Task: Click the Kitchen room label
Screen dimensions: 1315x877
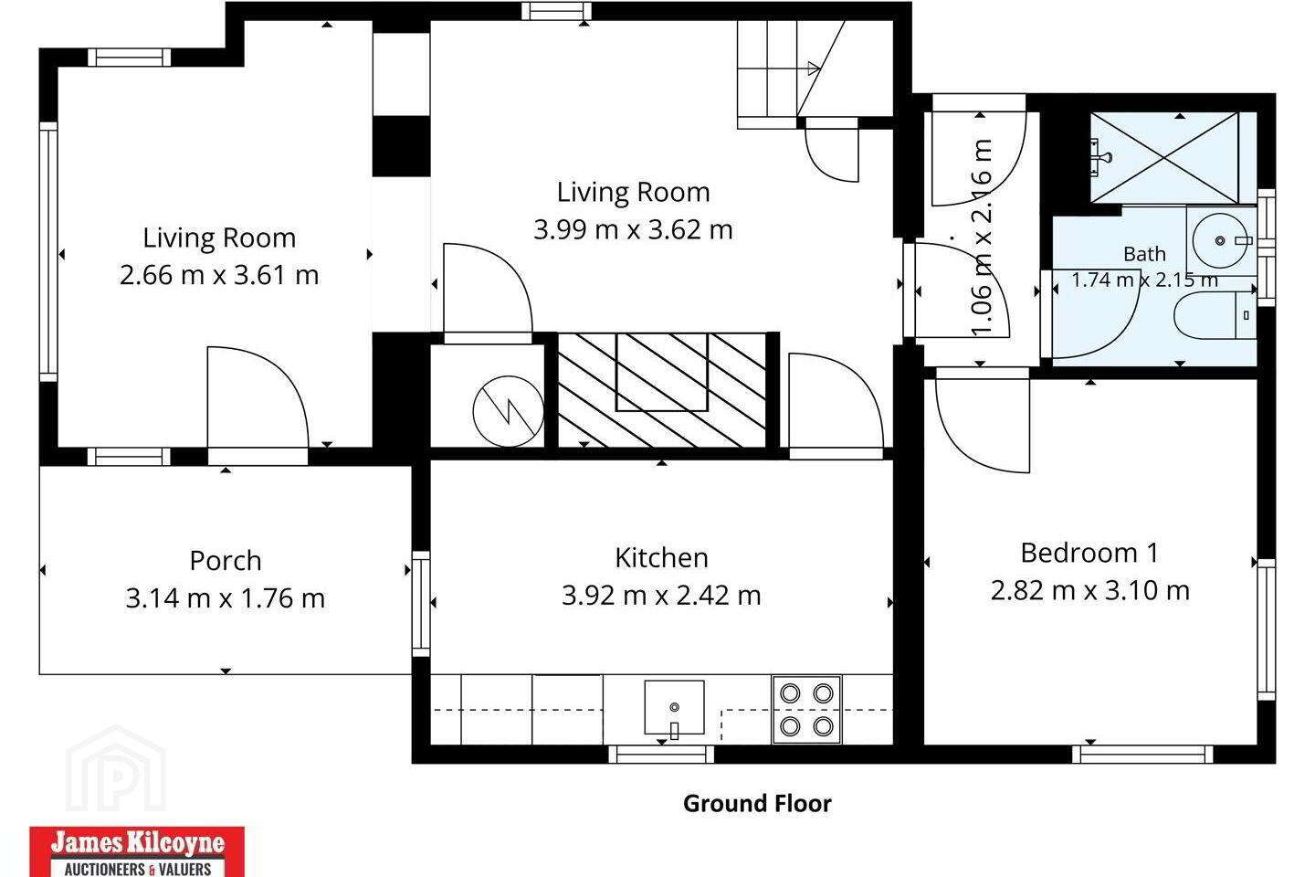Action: [661, 558]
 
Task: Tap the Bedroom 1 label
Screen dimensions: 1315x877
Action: [1089, 554]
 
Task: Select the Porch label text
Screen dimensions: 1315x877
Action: [226, 561]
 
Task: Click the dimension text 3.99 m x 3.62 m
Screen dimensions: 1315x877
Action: [633, 229]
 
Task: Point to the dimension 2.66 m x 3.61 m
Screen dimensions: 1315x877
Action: [219, 275]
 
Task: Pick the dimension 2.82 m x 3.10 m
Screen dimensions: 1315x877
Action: [1090, 590]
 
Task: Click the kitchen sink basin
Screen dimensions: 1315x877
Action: [674, 707]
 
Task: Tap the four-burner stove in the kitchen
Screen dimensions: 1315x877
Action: [806, 710]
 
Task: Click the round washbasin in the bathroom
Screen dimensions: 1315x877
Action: [1220, 241]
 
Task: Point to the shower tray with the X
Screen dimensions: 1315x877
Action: [1164, 157]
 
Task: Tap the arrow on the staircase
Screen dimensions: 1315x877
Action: [814, 69]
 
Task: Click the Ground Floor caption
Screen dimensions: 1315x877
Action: [757, 804]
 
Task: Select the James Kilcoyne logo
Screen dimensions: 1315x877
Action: [137, 851]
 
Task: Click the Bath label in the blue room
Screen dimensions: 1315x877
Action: [1144, 254]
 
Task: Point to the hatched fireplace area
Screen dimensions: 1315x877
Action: [661, 390]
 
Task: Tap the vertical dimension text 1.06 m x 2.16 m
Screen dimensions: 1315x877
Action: [982, 238]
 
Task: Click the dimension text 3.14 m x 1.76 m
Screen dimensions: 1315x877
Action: [225, 598]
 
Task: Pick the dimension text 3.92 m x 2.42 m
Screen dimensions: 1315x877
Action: [661, 596]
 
